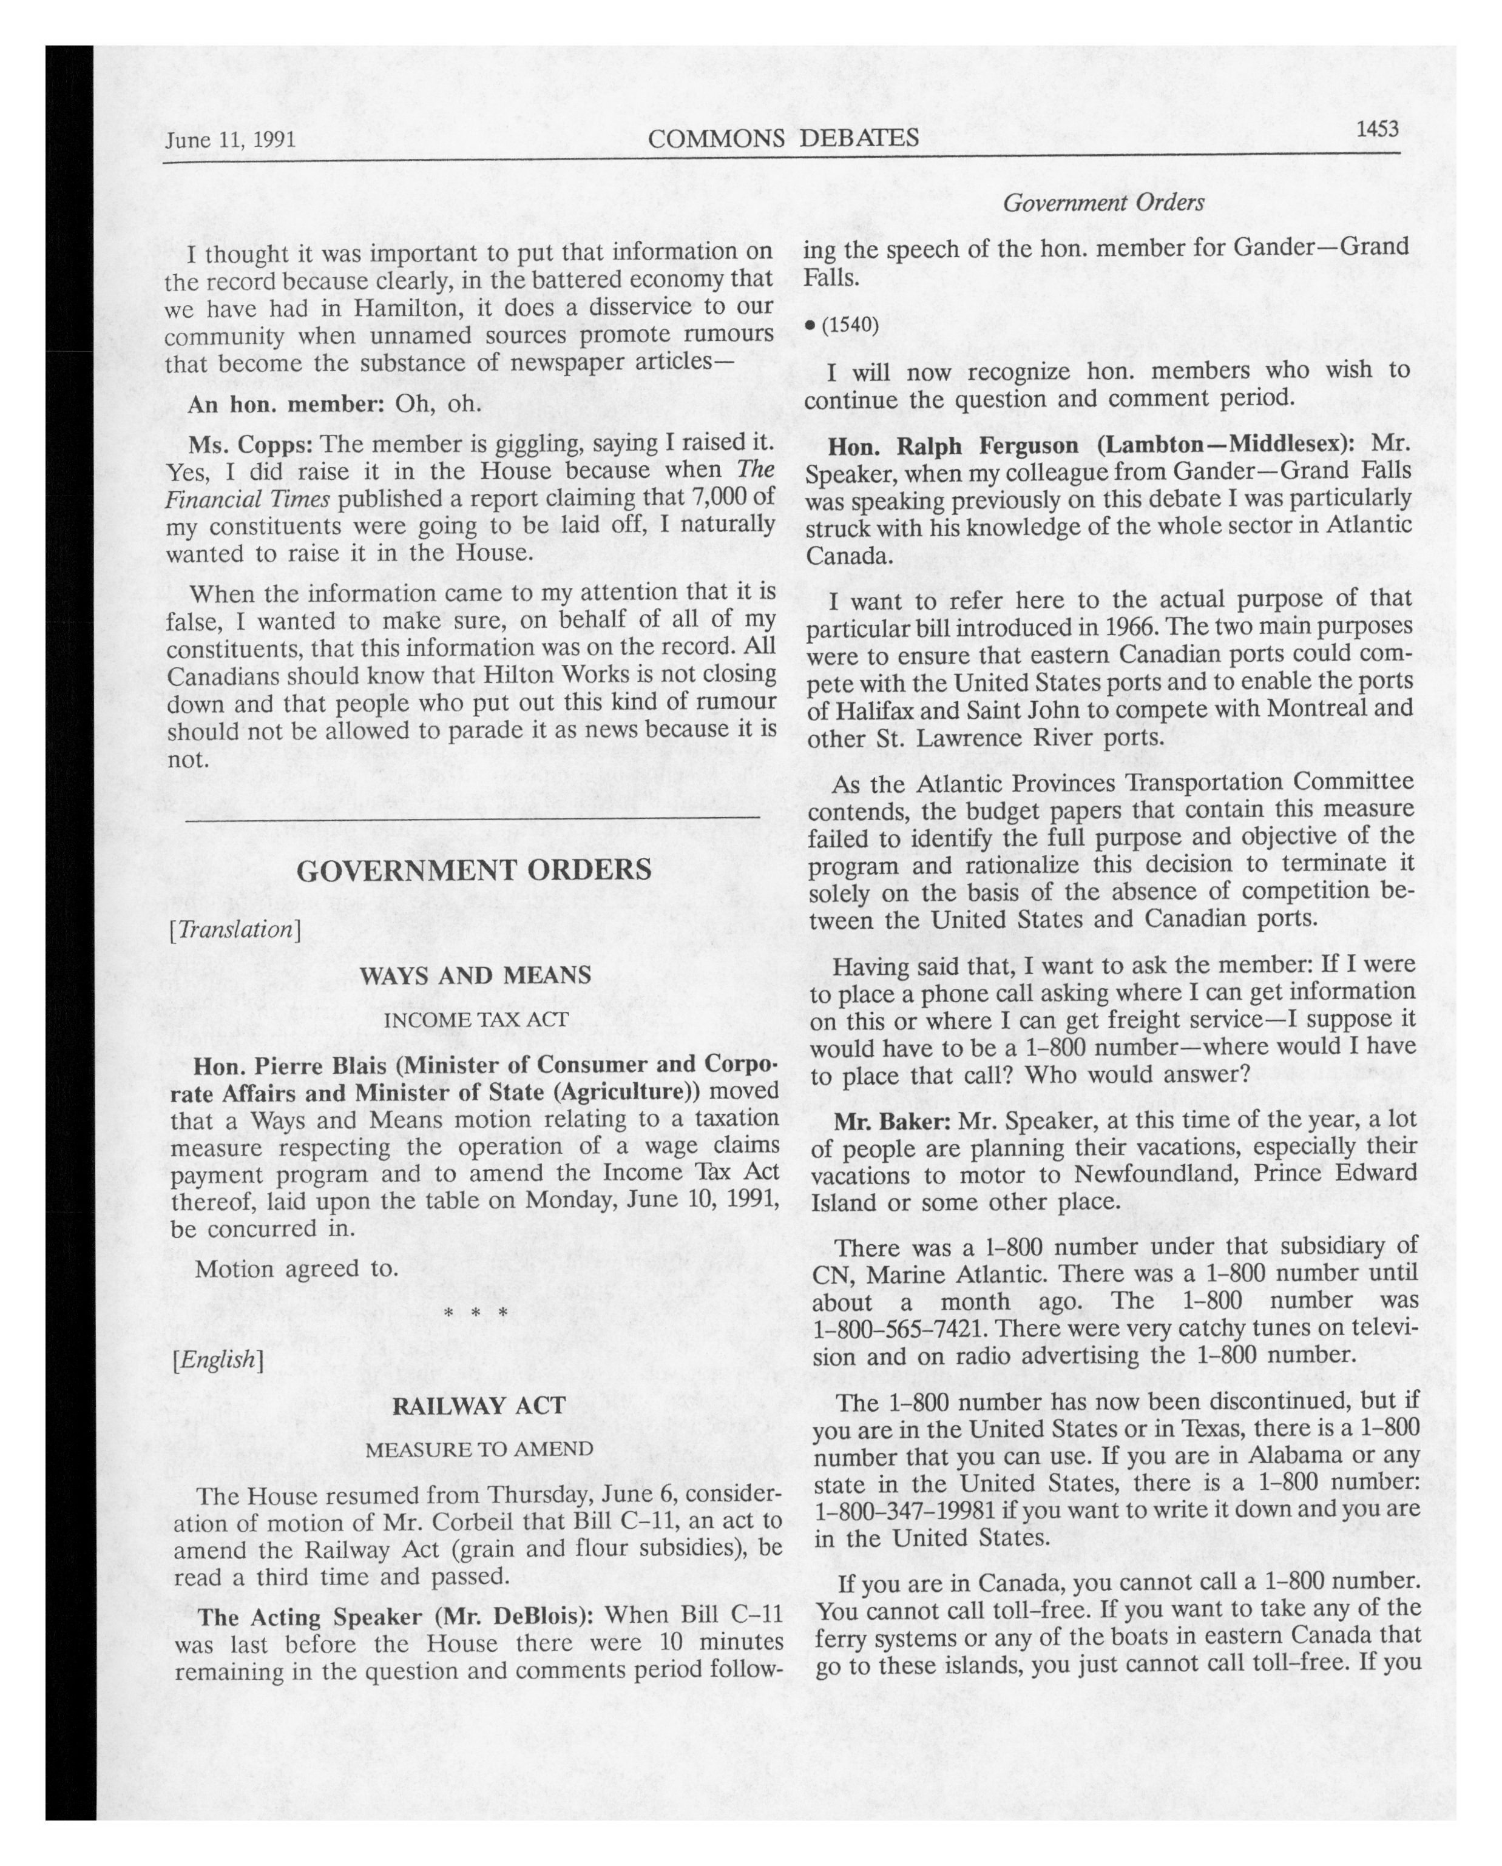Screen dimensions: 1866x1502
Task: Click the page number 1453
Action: (x=1376, y=129)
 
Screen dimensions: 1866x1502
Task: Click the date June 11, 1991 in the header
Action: (x=230, y=140)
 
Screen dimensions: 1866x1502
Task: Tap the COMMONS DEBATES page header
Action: (x=783, y=138)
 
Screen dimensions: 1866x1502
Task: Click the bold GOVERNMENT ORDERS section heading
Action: (x=473, y=870)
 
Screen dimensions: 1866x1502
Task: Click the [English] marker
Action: (x=217, y=1359)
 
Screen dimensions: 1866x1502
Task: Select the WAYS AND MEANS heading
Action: (x=475, y=975)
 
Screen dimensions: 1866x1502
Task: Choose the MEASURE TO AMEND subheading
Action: (x=479, y=1449)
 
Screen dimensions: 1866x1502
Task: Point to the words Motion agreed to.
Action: (x=296, y=1269)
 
